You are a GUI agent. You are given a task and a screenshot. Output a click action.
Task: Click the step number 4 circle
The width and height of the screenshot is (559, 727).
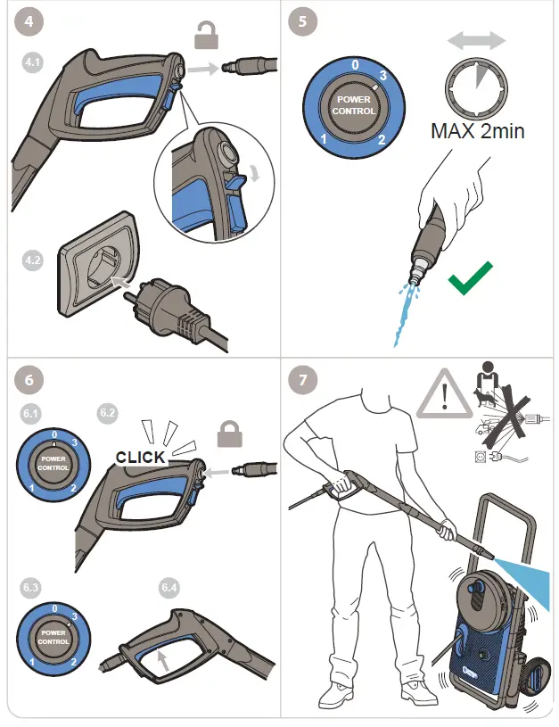[29, 22]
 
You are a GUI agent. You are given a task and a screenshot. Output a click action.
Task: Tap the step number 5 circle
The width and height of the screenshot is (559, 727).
[304, 22]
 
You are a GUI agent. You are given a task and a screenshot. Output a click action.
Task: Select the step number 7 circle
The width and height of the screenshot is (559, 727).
[304, 379]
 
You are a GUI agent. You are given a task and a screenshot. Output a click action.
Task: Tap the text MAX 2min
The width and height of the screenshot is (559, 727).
[478, 131]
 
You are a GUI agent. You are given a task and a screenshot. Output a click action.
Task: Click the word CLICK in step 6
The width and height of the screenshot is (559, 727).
[141, 457]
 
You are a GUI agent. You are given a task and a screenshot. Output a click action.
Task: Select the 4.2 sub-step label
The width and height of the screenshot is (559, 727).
[32, 260]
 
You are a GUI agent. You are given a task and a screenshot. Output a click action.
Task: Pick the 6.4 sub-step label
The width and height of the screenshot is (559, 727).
[169, 587]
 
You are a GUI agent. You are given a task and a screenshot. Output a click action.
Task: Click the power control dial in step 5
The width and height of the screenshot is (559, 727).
[354, 105]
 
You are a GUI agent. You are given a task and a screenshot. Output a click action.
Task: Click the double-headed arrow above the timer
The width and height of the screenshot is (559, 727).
[476, 40]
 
